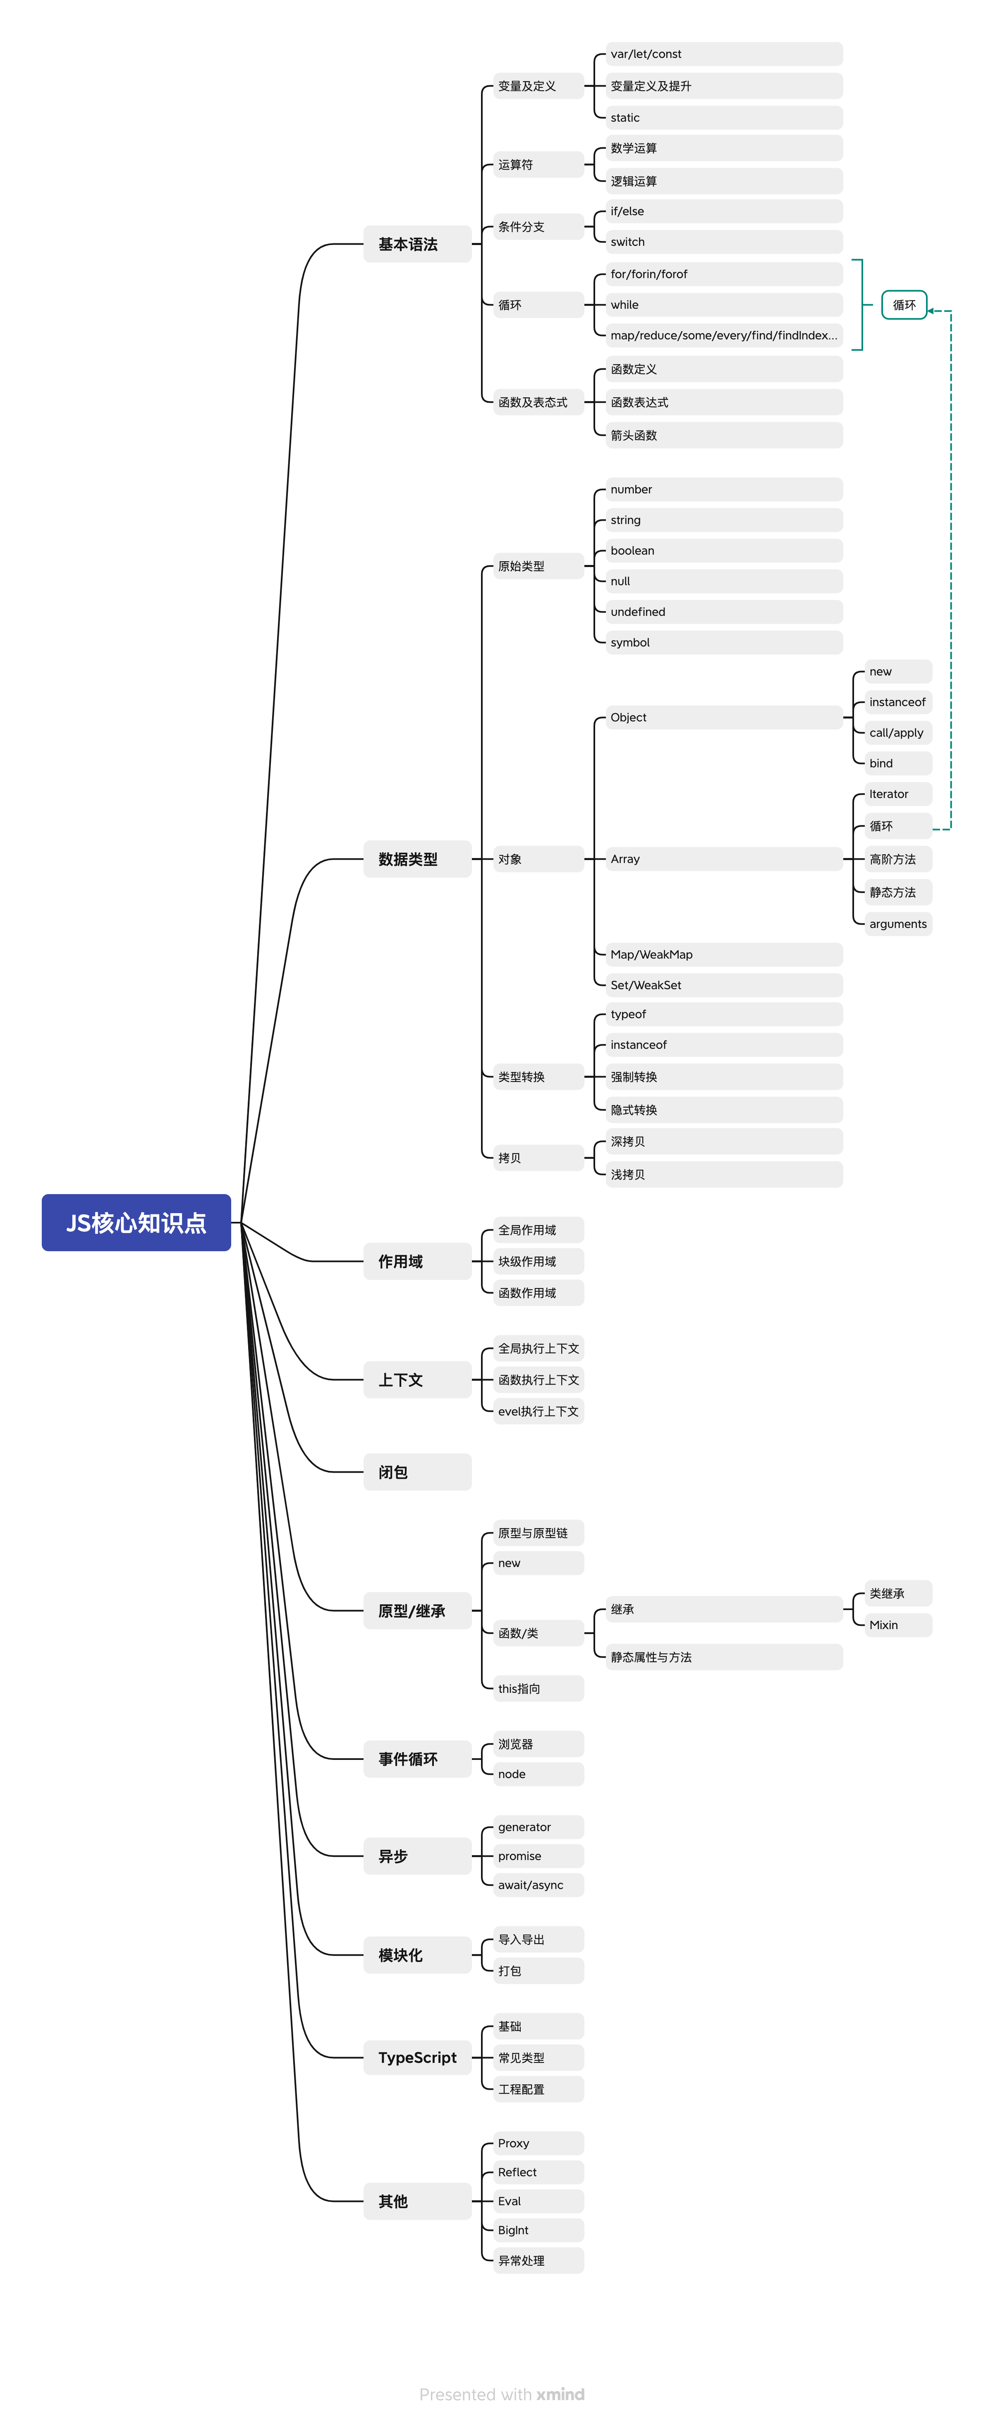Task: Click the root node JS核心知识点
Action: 136,1222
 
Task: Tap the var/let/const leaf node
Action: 723,55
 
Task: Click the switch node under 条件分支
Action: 723,242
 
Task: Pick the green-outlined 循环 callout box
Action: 904,305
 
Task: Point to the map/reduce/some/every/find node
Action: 723,335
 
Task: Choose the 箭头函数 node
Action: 723,435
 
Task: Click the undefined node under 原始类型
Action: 723,612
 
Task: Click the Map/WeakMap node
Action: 723,954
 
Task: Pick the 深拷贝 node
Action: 723,1142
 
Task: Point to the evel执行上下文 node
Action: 538,1411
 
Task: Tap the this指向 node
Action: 538,1689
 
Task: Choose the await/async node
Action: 538,1885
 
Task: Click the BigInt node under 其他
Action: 538,2230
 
